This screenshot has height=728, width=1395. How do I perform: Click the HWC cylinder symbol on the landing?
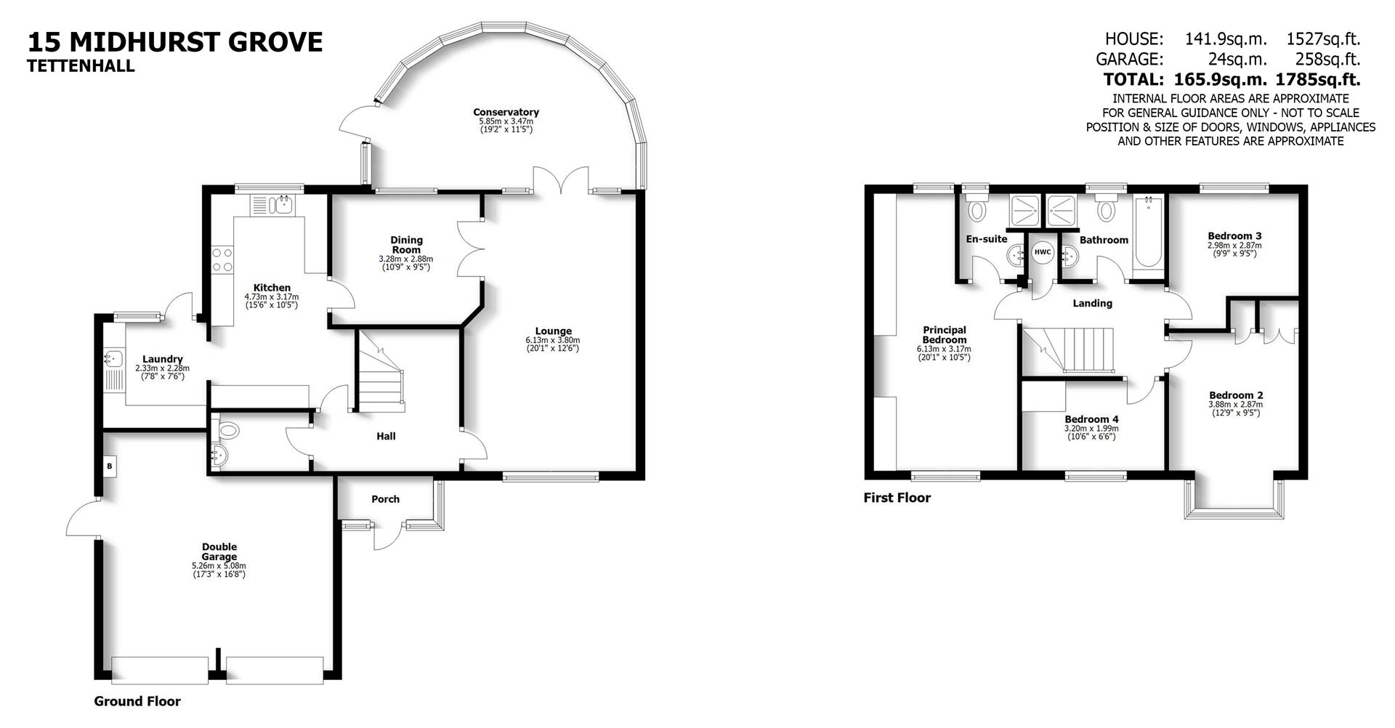pos(1043,252)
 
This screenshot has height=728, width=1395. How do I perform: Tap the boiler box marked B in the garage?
pos(110,466)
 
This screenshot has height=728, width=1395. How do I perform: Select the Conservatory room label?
pos(506,112)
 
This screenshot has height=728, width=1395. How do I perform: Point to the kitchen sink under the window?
pos(272,205)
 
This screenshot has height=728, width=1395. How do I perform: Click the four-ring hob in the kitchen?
pos(222,260)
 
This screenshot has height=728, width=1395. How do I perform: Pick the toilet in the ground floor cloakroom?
pos(228,430)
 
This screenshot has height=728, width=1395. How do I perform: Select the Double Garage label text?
pos(219,552)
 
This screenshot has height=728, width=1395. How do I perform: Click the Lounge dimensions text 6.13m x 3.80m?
pos(553,340)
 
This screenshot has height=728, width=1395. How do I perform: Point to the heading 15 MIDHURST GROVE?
pos(175,42)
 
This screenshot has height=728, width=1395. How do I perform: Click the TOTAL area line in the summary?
pos(1232,79)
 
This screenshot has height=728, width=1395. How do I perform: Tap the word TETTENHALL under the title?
pos(81,66)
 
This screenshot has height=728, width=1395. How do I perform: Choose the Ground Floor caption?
pos(137,701)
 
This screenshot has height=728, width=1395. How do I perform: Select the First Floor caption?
pos(897,498)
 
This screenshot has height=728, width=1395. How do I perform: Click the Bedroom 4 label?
pos(1091,419)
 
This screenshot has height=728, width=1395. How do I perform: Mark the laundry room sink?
pos(113,358)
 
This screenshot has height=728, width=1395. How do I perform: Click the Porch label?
pos(385,499)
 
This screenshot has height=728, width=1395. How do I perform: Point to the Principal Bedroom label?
pos(945,335)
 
